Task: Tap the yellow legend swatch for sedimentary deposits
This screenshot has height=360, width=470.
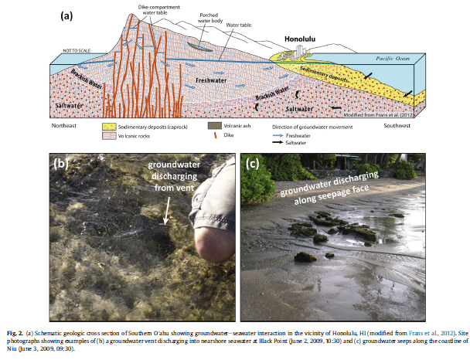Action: [x=108, y=125]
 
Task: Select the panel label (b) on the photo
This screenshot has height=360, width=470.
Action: [x=63, y=163]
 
